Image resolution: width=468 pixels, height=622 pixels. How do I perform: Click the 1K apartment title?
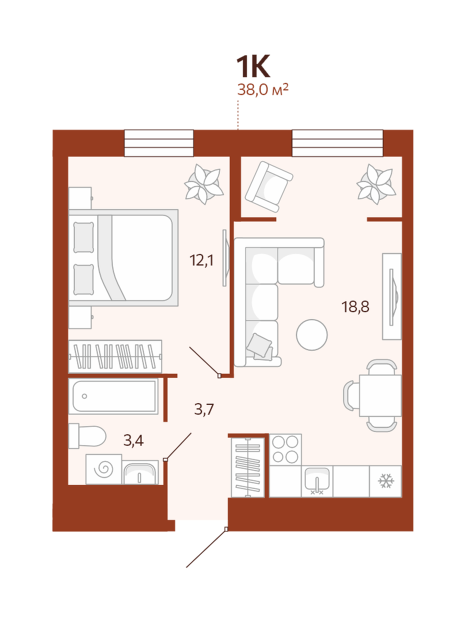(x=253, y=67)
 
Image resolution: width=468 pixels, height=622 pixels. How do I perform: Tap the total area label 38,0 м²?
(x=262, y=90)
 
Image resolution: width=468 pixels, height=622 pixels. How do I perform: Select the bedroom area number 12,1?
(x=202, y=261)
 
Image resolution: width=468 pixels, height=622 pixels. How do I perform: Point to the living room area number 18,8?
(x=355, y=306)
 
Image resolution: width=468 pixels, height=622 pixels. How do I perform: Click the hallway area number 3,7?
(x=204, y=408)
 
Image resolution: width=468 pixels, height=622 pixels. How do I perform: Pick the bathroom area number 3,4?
(x=134, y=441)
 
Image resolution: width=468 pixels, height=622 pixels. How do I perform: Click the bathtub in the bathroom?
(x=113, y=396)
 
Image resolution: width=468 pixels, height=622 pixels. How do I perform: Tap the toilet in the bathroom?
(x=87, y=435)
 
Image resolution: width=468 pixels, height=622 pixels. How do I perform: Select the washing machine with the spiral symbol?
(x=104, y=470)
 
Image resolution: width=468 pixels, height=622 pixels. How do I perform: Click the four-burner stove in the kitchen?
(x=286, y=449)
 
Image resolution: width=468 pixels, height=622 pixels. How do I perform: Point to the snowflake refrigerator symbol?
(x=386, y=481)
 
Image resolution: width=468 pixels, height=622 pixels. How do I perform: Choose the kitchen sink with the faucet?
(x=317, y=481)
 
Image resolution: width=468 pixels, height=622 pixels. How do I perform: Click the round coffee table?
(x=312, y=335)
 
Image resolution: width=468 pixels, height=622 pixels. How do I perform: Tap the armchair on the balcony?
(x=269, y=187)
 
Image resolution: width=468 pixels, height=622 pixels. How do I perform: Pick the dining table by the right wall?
(x=381, y=396)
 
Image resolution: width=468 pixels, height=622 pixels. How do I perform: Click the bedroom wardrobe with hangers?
(x=115, y=356)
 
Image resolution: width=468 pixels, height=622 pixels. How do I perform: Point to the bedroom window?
(x=159, y=143)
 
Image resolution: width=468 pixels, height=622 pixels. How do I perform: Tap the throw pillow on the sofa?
(x=260, y=346)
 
